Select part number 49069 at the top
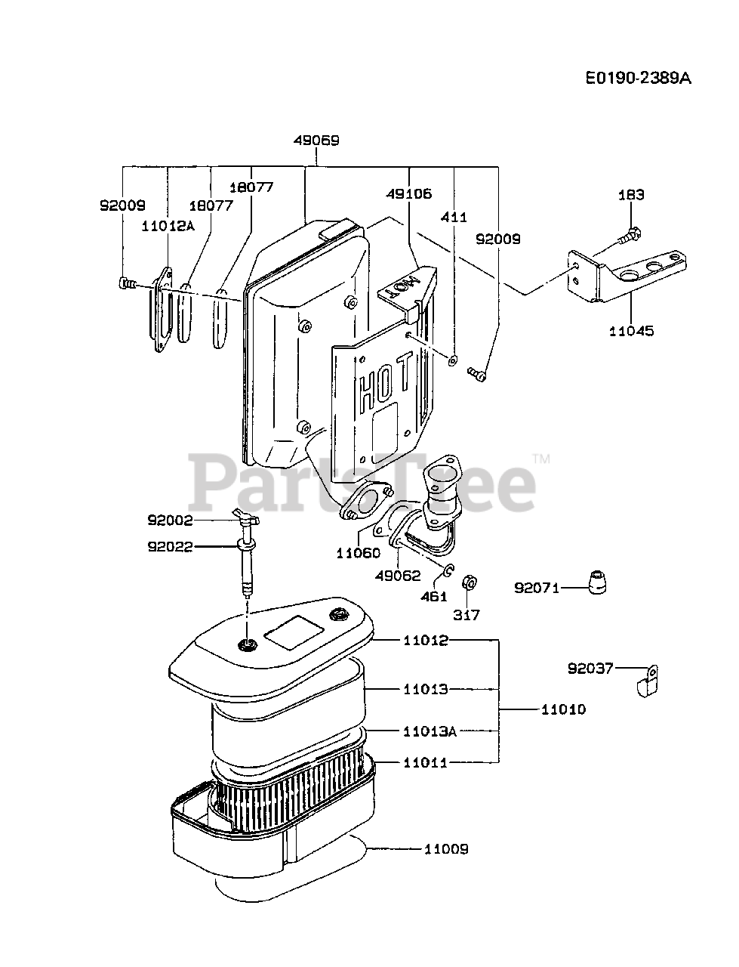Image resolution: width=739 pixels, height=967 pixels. pyautogui.click(x=316, y=141)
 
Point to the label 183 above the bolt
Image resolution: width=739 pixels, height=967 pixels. pyautogui.click(x=631, y=195)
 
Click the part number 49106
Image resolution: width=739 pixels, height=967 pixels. pyautogui.click(x=410, y=193)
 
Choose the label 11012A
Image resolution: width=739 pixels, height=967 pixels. pyautogui.click(x=167, y=224)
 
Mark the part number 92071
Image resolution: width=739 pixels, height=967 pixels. pyautogui.click(x=537, y=587)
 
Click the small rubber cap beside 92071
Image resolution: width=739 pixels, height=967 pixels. pyautogui.click(x=597, y=582)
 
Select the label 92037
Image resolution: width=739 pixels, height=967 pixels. pyautogui.click(x=591, y=668)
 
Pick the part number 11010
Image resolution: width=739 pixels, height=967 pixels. pyautogui.click(x=563, y=709)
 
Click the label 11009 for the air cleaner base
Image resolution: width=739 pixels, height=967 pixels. pyautogui.click(x=445, y=849)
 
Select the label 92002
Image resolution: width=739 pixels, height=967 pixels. pyautogui.click(x=170, y=520)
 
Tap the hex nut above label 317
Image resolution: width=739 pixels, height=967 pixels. pyautogui.click(x=468, y=584)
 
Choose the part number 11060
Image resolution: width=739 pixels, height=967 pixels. pyautogui.click(x=359, y=553)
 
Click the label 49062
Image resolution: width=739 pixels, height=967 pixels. pyautogui.click(x=398, y=575)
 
